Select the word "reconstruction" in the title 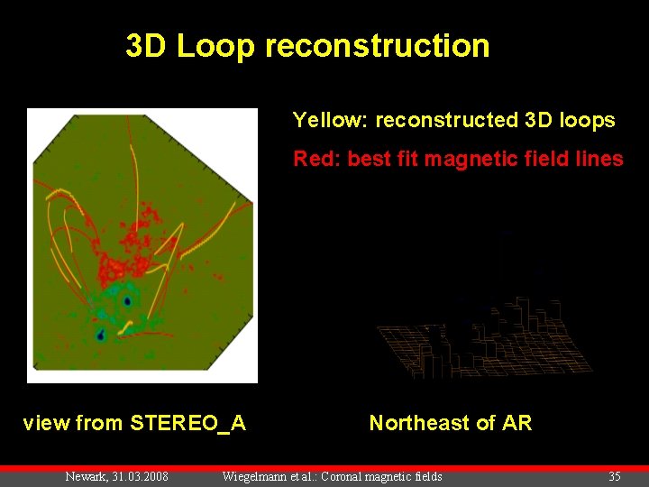tap(378, 46)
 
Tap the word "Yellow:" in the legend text tap(330, 120)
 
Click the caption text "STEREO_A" tap(188, 423)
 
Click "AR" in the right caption tap(516, 423)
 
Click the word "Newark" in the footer tap(87, 476)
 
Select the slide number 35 tap(615, 476)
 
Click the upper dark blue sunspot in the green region tap(128, 301)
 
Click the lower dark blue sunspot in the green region tap(101, 335)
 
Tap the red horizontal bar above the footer tap(324, 468)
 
